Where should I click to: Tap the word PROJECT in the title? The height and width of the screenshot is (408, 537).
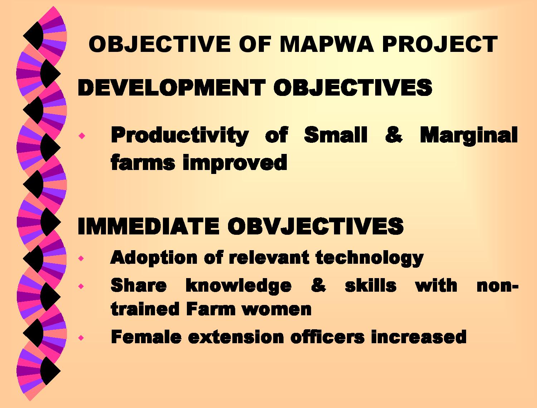point(440,44)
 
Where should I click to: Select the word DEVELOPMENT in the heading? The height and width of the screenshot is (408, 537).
point(171,87)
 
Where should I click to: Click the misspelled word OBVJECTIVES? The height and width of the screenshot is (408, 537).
point(316,226)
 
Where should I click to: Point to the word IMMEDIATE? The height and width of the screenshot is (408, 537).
point(148,226)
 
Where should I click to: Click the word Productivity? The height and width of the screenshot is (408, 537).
point(180,135)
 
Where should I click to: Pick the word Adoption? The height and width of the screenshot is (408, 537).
point(154,258)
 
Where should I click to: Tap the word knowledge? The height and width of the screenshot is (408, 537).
point(238,286)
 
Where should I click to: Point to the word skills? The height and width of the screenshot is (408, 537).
point(371,285)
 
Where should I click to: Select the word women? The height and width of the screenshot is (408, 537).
point(277,310)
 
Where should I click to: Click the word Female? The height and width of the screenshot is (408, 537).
point(146,337)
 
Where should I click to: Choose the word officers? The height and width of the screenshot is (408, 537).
point(328,337)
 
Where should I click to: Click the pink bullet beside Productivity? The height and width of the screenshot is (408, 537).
point(82,135)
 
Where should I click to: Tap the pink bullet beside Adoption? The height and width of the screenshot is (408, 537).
point(81,258)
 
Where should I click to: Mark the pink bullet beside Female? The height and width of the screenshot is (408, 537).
point(81,338)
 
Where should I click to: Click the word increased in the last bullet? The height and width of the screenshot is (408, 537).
point(419,337)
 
